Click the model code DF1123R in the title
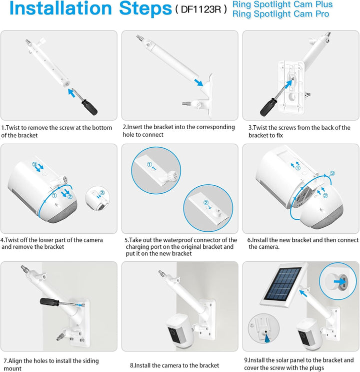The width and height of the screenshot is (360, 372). coord(200,9)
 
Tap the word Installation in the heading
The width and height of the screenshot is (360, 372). coord(60,9)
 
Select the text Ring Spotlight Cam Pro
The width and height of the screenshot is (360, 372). coord(280,14)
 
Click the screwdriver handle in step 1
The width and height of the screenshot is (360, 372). coord(89,108)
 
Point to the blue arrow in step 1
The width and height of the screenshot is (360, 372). coord(71,93)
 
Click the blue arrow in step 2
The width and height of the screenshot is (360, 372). coord(198,83)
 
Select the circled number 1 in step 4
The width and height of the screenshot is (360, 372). coord(54,195)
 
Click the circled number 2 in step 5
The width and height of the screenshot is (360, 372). coord(206,202)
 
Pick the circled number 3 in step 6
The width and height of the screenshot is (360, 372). coord(332,173)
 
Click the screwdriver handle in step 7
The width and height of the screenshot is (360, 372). coord(49,302)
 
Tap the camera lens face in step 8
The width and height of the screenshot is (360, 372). coord(174,335)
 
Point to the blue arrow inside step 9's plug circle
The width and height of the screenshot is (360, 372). coord(339,282)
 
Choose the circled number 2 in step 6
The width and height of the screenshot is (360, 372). coord(325,195)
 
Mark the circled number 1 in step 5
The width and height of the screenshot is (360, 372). coord(149,164)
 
